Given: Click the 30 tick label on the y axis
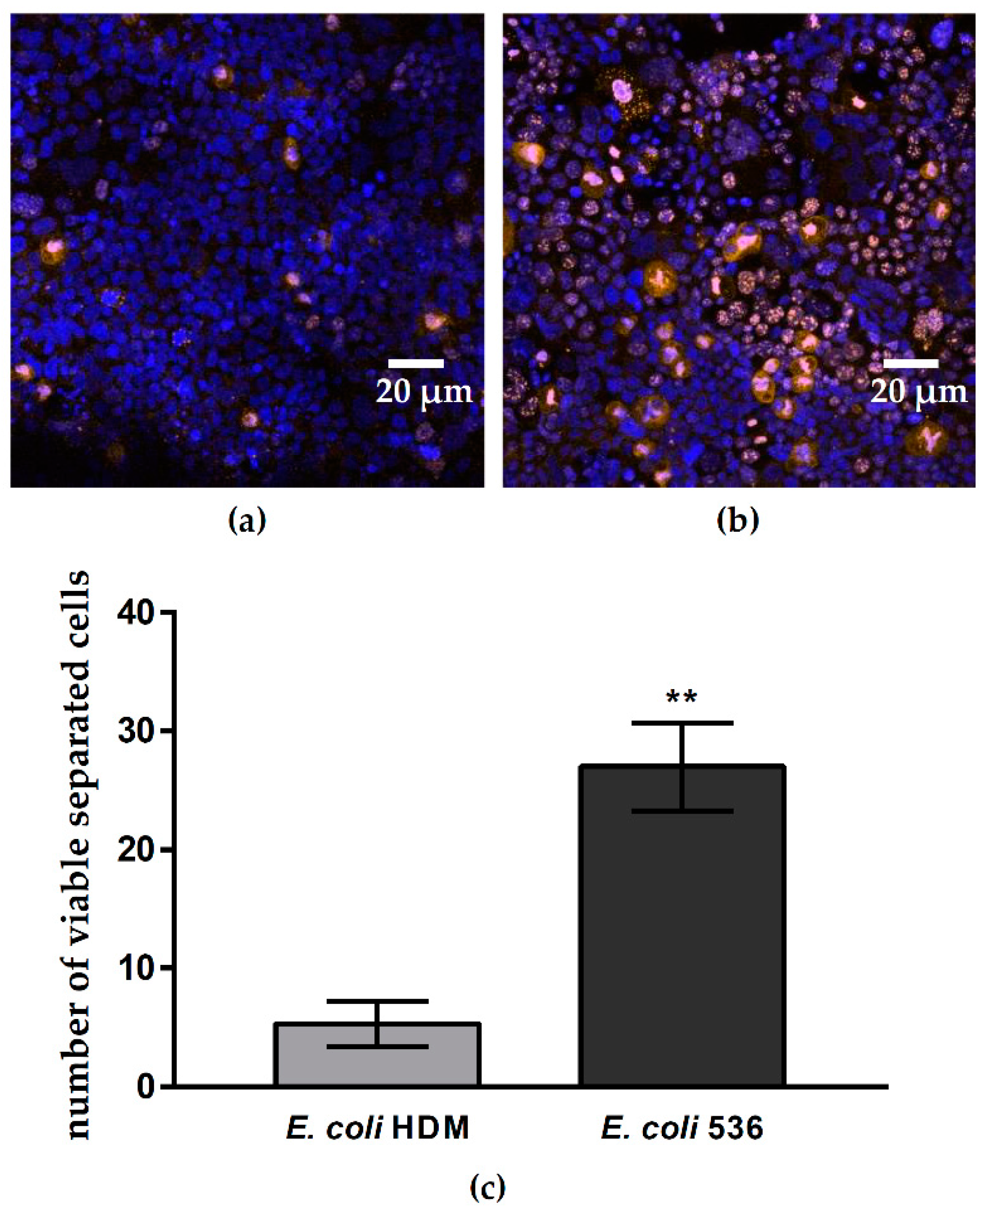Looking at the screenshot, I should (x=136, y=731).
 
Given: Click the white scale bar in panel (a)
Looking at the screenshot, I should (x=416, y=363).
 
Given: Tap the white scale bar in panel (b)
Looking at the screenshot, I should (x=911, y=363).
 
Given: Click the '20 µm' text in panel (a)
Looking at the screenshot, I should (x=423, y=392).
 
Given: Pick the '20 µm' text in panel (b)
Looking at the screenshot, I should (x=919, y=392).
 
